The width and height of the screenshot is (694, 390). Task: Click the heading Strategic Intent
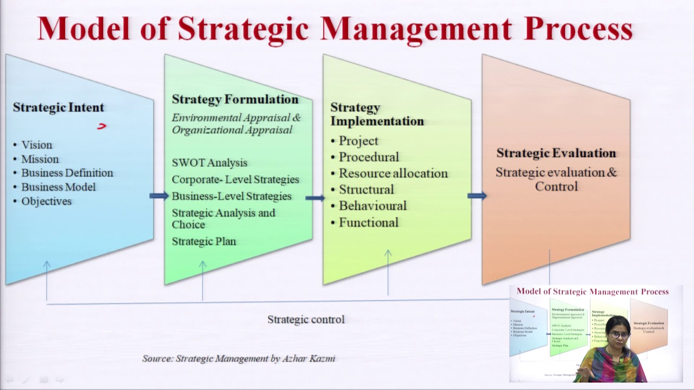point(59,107)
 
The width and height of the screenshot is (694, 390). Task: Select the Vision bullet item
point(36,145)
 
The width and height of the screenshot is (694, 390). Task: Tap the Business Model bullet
point(58,187)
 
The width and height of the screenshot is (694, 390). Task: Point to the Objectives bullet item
point(46,201)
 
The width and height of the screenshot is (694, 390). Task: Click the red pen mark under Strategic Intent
point(102,126)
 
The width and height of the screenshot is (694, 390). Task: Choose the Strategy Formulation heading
point(235,100)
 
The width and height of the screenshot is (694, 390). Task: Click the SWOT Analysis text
point(209,162)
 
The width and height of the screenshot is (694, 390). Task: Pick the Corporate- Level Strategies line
point(235,179)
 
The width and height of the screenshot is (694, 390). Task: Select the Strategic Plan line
point(204,242)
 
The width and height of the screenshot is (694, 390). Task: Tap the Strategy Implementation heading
point(377,114)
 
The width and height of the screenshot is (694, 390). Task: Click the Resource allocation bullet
point(393,173)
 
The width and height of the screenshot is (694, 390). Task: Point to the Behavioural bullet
point(372,206)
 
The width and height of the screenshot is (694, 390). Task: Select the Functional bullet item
point(368,223)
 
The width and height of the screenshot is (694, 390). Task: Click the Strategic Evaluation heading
point(556,153)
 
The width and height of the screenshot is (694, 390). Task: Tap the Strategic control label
point(306,320)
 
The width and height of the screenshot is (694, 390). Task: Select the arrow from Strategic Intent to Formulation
point(159,196)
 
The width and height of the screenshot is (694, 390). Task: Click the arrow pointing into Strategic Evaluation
point(477,196)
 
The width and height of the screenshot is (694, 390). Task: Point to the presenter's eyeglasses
point(619,335)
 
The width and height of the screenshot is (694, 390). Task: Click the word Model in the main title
point(84,29)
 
